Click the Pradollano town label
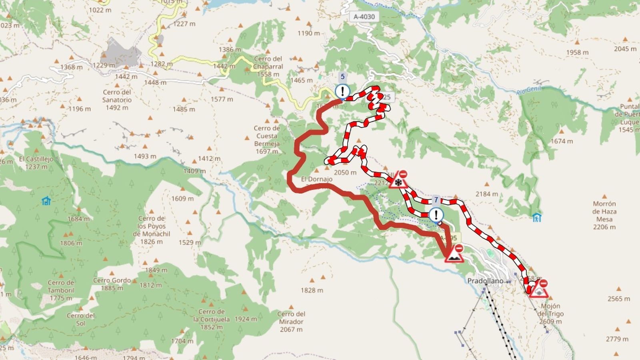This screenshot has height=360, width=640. pos(485,281)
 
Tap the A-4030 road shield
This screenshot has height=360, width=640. pos(364,17)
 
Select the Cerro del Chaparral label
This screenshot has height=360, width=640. pos(268,66)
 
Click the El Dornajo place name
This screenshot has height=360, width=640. pos(316,179)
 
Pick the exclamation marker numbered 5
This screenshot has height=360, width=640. pos(342,91)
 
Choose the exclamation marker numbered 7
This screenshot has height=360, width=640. pos(436,215)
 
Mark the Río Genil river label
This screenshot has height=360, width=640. pos(528,90)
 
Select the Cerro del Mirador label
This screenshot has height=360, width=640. pos(291,322)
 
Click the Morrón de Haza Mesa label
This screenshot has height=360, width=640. pos(604,215)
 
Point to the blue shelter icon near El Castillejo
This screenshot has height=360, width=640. pos(46,200)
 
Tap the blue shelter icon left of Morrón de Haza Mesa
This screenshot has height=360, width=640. pos(537,217)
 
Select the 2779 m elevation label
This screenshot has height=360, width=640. pos(617,339)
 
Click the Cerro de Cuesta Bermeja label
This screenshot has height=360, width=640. pos(267,140)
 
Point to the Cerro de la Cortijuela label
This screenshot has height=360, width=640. pos(211,319)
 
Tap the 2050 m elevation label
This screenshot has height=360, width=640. pos(345,172)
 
